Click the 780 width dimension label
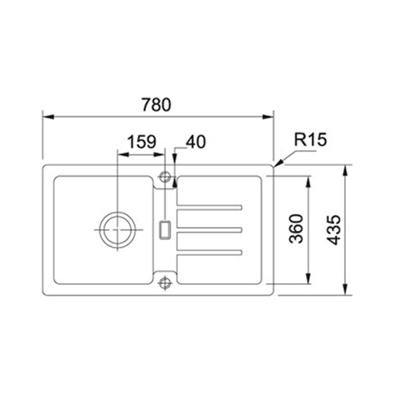156,105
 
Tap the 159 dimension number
142,142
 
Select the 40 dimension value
196,142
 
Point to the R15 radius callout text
311,139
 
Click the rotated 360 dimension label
296,229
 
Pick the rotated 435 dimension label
334,230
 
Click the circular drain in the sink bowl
117,230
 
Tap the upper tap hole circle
164,177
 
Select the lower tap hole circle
164,282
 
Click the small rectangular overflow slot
164,230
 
